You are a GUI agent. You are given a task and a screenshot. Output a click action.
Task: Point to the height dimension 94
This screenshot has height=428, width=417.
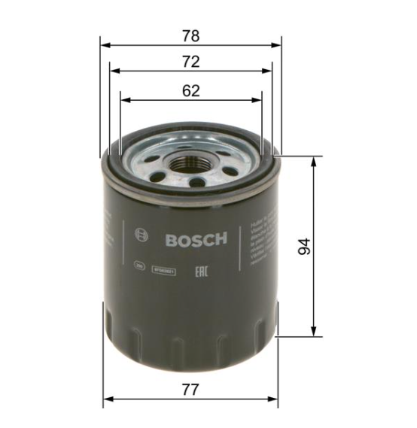(304, 247)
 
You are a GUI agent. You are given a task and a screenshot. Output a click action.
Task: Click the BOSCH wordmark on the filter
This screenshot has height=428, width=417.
(195, 240)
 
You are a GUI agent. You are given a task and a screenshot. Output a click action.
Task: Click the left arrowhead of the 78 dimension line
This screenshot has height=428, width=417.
(104, 44)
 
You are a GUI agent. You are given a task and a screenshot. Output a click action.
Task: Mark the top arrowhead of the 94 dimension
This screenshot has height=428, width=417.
(313, 160)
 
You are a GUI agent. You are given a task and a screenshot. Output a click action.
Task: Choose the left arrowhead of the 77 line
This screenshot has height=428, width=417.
(106, 399)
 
